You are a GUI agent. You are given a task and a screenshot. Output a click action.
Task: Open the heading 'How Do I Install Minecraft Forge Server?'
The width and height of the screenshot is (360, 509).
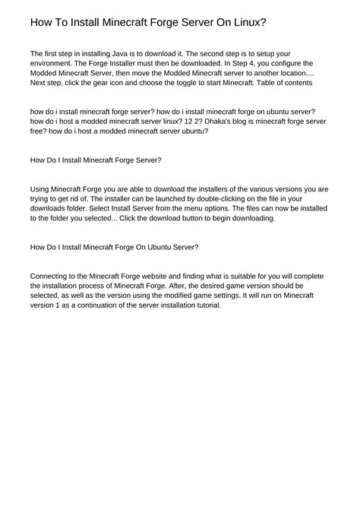click(x=95, y=160)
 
